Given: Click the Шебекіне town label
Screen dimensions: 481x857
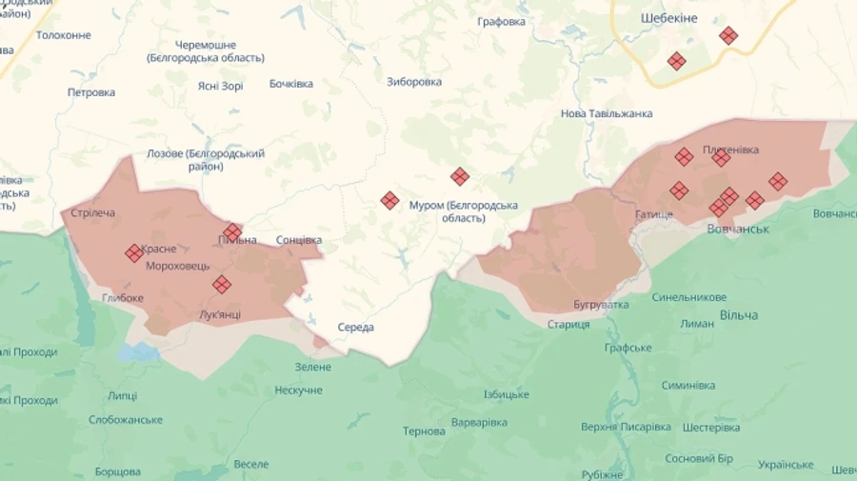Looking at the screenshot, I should tap(669, 18).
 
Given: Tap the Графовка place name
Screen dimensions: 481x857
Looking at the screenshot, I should tap(502, 22).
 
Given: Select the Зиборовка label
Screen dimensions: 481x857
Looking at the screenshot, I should tap(414, 82).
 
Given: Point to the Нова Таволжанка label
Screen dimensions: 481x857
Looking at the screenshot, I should tap(607, 113).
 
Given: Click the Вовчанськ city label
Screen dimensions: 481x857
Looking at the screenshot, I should tap(738, 230).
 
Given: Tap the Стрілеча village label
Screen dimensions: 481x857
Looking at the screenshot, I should tap(93, 212).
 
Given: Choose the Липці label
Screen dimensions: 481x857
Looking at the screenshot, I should tap(122, 395).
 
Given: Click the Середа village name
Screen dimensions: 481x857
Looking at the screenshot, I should tap(356, 328).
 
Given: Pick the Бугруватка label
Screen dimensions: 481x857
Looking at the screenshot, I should tap(601, 305).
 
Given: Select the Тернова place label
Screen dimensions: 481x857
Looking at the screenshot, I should tap(424, 431).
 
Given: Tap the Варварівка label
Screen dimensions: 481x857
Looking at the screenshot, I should tap(479, 422).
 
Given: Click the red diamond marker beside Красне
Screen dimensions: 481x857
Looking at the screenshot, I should tap(133, 252).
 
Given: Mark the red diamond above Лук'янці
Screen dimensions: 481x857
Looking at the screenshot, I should tap(221, 284).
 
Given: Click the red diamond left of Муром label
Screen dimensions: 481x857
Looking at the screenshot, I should tap(389, 200).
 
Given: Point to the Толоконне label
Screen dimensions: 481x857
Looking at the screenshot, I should tap(64, 35).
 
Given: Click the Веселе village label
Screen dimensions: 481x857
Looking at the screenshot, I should tap(251, 464).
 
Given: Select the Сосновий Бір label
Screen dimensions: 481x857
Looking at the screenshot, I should tap(699, 458).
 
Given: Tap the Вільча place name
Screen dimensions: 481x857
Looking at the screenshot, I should tap(739, 315).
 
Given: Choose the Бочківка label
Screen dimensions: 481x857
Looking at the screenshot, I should tap(291, 84).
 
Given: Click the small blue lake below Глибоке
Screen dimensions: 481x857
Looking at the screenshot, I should tap(139, 352).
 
